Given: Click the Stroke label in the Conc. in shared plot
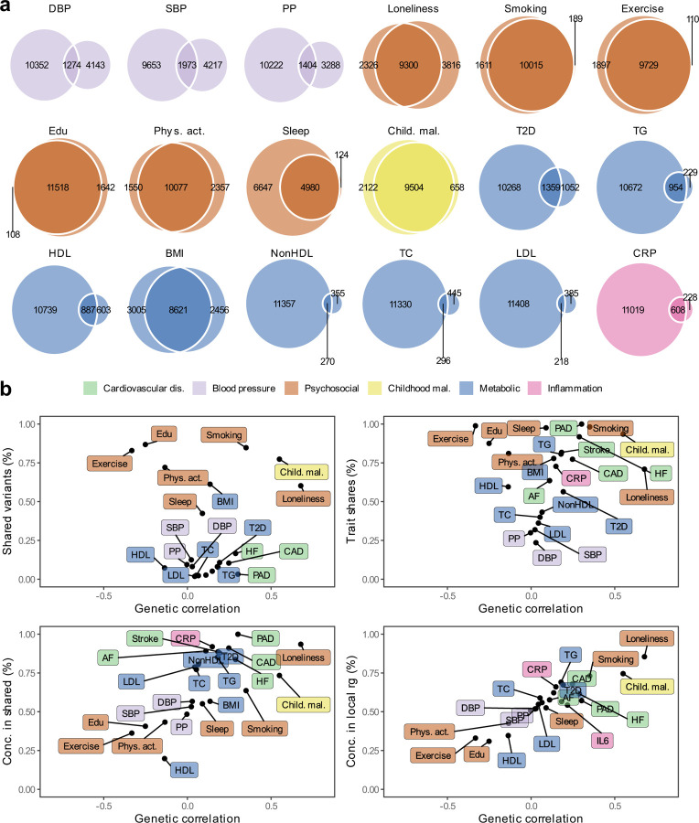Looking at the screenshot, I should pyautogui.click(x=144, y=638).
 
